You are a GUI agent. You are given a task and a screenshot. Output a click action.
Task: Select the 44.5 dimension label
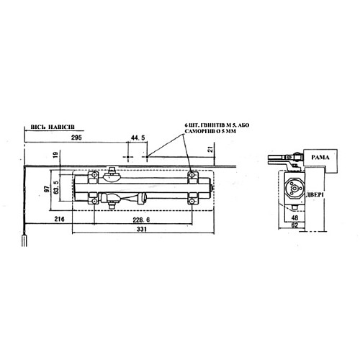tap(138, 137)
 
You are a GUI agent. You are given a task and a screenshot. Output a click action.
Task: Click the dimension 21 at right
tap(210, 149)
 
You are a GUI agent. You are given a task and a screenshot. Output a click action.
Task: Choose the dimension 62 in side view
tap(295, 225)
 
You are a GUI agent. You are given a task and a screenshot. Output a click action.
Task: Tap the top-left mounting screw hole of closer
tap(93, 176)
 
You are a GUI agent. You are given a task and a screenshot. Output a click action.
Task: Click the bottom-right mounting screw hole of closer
tap(192, 201)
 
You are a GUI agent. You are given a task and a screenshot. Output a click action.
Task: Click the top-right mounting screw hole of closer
tap(192, 176)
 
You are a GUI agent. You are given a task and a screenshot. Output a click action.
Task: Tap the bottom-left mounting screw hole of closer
tap(93, 201)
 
